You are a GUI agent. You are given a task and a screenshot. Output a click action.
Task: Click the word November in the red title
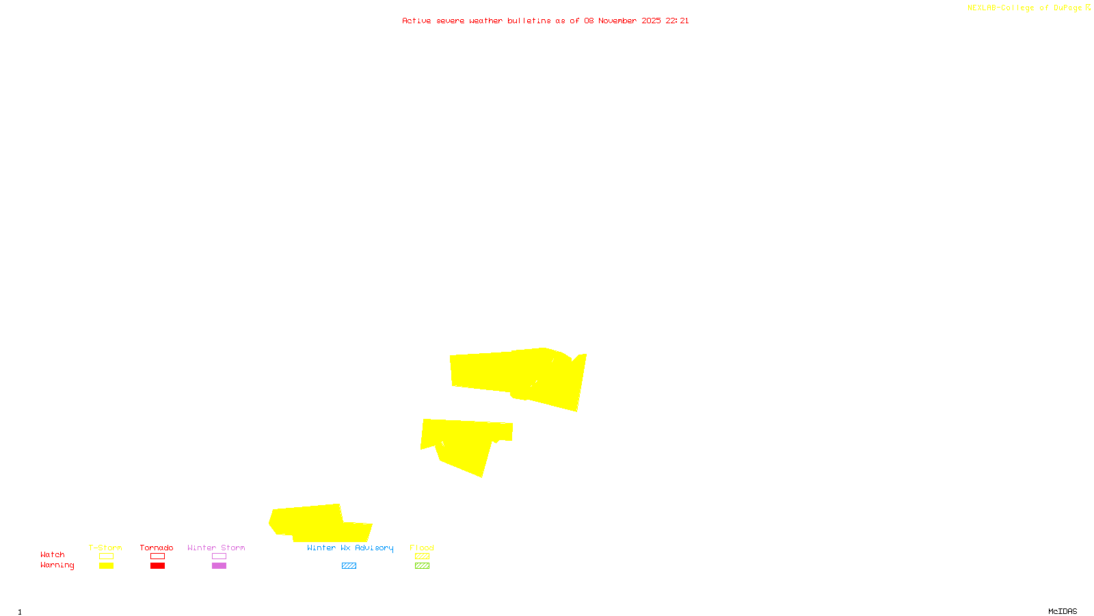617,21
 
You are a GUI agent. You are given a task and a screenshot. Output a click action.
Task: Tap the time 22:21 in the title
677,21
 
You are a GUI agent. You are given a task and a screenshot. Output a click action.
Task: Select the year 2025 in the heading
651,21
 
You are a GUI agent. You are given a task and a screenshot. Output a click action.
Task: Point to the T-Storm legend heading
105,548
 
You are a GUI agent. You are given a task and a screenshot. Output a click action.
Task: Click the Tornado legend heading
157,548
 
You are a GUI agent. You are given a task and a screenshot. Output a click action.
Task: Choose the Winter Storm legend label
216,548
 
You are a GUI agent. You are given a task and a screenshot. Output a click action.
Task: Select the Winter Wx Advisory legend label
350,548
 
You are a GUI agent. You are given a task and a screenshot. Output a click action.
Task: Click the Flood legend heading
422,548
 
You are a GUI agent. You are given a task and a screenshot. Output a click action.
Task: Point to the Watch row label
53,554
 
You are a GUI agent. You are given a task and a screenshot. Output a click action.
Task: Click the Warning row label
57,565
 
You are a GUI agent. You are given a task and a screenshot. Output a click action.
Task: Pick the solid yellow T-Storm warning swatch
106,566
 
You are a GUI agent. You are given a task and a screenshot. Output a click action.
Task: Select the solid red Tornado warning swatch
157,566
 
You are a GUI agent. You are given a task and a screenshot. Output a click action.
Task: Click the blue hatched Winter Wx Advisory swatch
349,566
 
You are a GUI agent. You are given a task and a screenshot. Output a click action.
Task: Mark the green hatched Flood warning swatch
422,566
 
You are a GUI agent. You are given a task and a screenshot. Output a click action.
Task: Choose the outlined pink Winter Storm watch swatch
219,556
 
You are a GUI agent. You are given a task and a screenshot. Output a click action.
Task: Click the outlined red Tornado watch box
157,556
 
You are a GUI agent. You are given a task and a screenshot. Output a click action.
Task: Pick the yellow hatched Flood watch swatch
422,556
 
